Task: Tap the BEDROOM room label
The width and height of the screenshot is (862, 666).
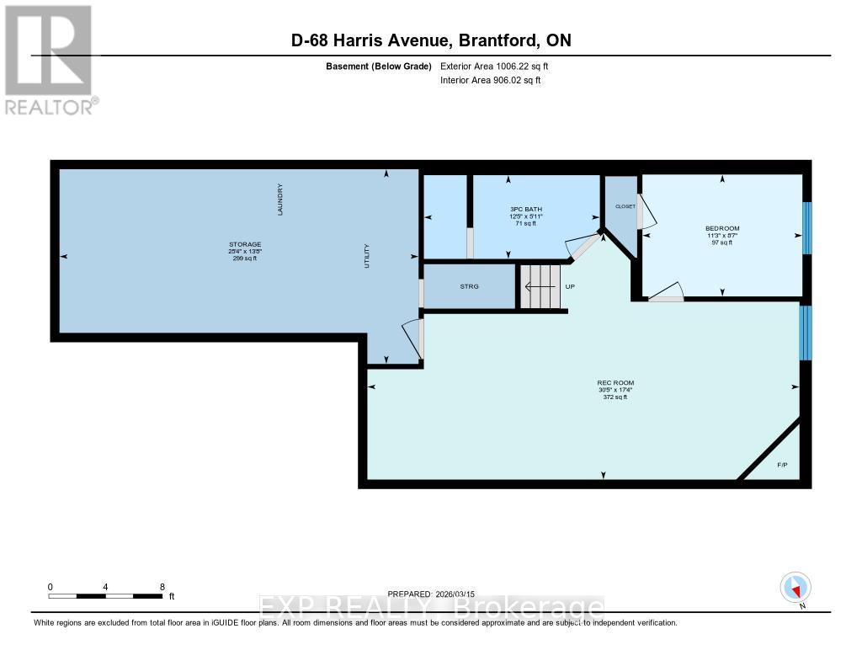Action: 722,228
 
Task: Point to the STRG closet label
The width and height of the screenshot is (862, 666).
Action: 469,287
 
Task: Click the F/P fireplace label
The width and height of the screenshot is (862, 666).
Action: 781,464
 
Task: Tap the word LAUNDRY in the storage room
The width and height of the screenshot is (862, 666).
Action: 281,200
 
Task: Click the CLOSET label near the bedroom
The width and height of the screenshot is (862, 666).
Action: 625,205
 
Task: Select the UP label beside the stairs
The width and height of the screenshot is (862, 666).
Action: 570,287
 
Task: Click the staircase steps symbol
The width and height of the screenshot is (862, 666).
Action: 539,286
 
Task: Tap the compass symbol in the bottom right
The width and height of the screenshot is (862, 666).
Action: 795,588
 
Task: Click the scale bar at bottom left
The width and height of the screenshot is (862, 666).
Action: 105,596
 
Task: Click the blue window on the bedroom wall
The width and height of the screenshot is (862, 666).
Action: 806,227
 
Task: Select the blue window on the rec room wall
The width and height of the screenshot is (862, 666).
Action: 806,332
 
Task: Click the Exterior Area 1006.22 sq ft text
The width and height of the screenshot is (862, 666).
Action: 494,66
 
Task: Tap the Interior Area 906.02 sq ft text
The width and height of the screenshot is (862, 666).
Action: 490,81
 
